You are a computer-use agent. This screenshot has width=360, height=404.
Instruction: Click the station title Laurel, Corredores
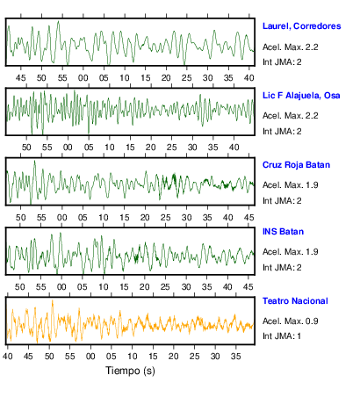301,26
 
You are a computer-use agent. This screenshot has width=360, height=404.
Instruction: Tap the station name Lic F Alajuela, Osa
301,96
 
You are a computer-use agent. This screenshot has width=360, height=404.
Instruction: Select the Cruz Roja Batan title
296,165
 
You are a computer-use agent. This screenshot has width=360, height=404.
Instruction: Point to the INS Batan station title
283,232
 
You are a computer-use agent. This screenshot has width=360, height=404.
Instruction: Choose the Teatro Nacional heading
295,301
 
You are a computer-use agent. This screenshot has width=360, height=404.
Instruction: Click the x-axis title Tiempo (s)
130,371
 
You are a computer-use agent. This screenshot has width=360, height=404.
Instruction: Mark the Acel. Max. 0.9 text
290,321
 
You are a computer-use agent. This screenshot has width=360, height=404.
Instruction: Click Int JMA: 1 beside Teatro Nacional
282,335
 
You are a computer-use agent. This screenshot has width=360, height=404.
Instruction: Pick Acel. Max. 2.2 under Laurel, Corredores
290,47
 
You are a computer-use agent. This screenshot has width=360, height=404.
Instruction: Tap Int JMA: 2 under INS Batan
282,268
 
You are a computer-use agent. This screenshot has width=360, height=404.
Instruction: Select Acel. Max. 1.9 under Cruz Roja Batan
290,185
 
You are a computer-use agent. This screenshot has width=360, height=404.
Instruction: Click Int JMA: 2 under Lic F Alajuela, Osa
282,132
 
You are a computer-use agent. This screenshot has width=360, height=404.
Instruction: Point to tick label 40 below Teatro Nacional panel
8,357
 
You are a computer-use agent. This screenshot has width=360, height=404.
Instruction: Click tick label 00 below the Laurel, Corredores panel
83,78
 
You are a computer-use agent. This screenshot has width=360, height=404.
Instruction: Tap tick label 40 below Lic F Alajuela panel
234,148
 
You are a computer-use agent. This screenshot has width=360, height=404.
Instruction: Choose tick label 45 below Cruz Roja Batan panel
248,218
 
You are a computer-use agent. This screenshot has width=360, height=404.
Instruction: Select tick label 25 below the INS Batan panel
165,287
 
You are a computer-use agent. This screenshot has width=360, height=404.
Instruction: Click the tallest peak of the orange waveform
53,300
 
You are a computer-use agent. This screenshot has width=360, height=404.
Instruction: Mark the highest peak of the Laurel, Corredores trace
59,21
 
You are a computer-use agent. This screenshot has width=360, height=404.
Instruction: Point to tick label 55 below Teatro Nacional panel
70,357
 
